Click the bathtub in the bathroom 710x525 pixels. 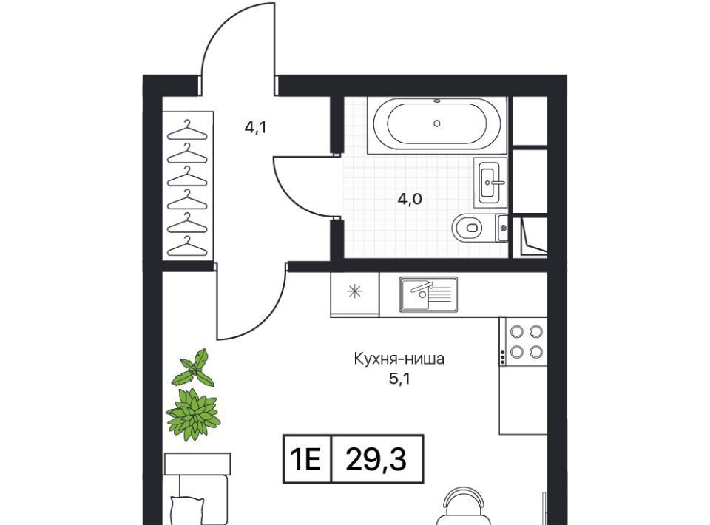coord(437,124)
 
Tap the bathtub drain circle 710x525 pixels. coord(437,123)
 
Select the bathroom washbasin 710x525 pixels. coord(490,183)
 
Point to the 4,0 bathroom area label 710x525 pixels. coord(410,199)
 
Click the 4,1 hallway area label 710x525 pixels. coord(255,128)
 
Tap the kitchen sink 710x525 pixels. coord(428,294)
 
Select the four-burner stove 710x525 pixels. coord(524,342)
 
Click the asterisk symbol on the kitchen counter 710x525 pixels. coord(354,291)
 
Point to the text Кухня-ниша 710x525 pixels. coord(399,359)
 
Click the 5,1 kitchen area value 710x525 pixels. coord(399,379)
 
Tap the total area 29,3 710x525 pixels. coord(376,460)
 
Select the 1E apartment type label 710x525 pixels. coord(305,460)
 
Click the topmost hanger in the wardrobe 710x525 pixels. coord(187,130)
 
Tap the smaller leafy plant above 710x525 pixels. coord(194,367)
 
